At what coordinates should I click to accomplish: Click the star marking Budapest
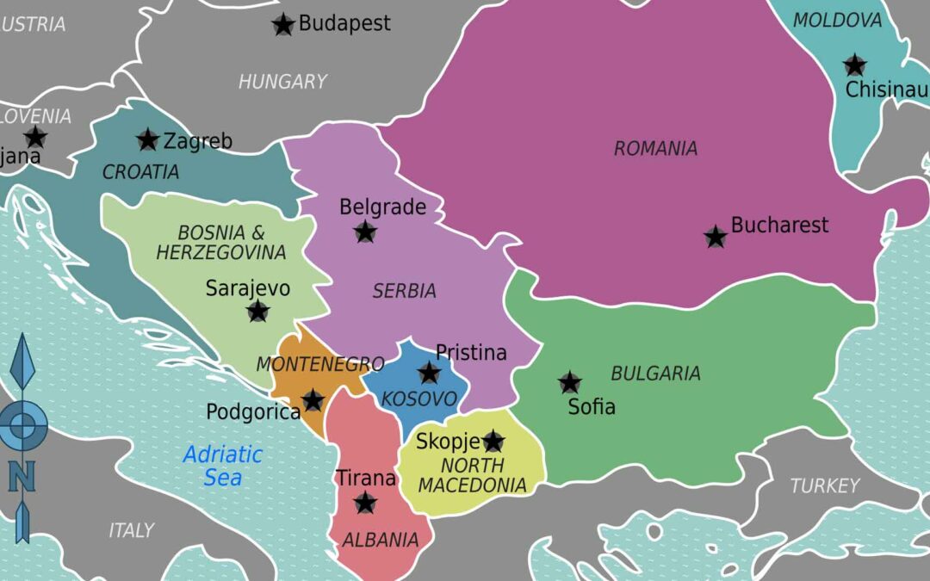(283, 25)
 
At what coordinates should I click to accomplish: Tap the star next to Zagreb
(148, 139)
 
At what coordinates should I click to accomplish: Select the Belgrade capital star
(365, 232)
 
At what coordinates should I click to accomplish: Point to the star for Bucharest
(716, 237)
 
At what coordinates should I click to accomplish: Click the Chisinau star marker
(854, 65)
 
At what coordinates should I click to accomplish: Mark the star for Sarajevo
(258, 312)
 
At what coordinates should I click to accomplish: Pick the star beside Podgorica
(313, 400)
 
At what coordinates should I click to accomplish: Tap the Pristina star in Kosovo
(429, 373)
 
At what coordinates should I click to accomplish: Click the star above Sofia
(569, 382)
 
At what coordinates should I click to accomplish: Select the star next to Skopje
(493, 442)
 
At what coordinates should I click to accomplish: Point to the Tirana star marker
(366, 503)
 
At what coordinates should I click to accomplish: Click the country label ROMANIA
(655, 149)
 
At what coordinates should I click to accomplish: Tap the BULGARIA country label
(655, 374)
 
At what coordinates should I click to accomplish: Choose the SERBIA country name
(404, 292)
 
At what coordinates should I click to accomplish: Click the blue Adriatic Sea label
(223, 466)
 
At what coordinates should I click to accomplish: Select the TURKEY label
(825, 486)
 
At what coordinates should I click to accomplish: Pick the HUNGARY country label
(282, 82)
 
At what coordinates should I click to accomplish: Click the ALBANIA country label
(381, 541)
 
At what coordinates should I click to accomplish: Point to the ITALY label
(132, 530)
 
